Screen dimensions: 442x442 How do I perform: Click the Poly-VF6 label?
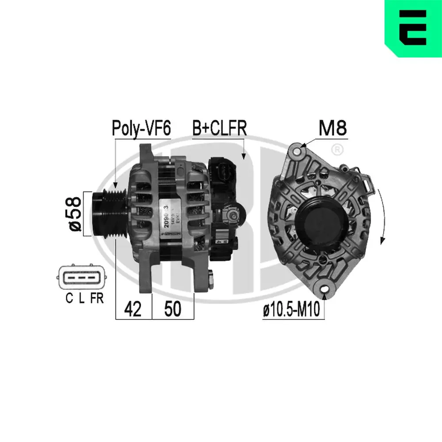[141, 128]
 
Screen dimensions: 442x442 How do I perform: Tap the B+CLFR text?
[219, 128]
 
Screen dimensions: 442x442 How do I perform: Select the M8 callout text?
[332, 128]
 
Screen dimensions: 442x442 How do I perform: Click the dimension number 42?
[133, 310]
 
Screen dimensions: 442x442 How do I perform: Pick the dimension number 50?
[173, 310]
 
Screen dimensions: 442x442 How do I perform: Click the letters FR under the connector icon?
[96, 299]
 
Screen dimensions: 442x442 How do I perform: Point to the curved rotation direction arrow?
[383, 217]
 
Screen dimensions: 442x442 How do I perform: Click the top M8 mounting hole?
[298, 152]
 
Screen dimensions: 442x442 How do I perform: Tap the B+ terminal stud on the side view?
[232, 215]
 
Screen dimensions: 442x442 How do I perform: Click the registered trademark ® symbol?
[337, 149]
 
